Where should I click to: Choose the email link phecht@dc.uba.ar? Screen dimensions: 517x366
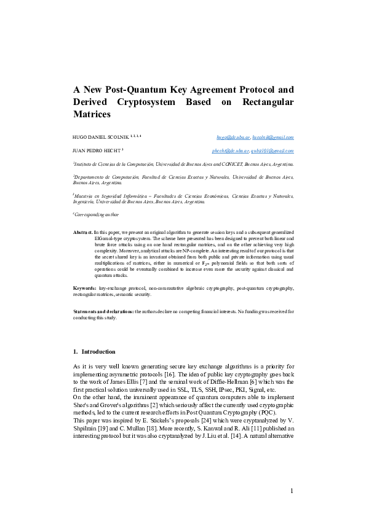point(229,150)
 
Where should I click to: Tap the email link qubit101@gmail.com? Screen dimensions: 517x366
point(273,150)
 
